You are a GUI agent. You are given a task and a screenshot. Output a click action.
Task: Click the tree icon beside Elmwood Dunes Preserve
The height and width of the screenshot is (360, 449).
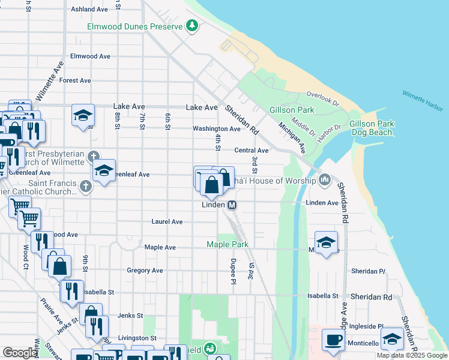tap(191, 25)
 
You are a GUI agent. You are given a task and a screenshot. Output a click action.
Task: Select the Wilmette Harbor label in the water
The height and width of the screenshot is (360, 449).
tap(423, 101)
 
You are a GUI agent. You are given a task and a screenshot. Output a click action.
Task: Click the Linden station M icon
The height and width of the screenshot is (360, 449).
tap(232, 205)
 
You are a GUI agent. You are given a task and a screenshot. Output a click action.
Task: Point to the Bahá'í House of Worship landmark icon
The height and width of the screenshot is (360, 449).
tap(325, 179)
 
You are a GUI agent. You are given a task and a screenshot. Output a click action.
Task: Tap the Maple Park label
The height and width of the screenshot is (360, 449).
tap(227, 244)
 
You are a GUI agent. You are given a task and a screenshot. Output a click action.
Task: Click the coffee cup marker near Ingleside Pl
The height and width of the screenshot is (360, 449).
tap(333, 340)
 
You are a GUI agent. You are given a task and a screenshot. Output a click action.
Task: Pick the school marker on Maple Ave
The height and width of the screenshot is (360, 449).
tap(326, 242)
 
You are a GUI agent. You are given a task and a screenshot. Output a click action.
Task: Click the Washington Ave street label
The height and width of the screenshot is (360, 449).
tap(216, 128)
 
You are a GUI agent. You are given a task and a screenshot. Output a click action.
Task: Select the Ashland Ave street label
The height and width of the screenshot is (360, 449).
tap(89, 10)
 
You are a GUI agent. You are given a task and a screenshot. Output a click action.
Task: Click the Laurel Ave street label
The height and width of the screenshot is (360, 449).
tap(167, 221)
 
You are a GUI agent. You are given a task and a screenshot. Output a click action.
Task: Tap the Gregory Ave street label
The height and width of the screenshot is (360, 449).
tap(145, 271)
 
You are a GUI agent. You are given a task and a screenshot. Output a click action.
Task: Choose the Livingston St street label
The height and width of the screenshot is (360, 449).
tap(137, 338)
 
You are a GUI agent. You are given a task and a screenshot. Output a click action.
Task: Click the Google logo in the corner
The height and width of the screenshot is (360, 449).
tap(20, 353)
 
